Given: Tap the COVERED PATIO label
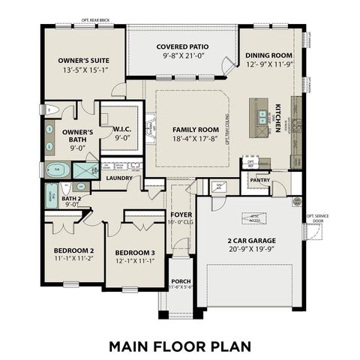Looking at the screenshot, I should pyautogui.click(x=177, y=46).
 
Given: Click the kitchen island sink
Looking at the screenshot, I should pyautogui.click(x=262, y=116).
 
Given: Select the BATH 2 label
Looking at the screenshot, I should pyautogui.click(x=72, y=199).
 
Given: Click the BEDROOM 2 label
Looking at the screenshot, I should pyautogui.click(x=73, y=250).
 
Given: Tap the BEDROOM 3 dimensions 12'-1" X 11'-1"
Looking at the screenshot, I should pyautogui.click(x=135, y=260).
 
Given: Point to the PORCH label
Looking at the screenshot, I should pyautogui.click(x=181, y=280).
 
